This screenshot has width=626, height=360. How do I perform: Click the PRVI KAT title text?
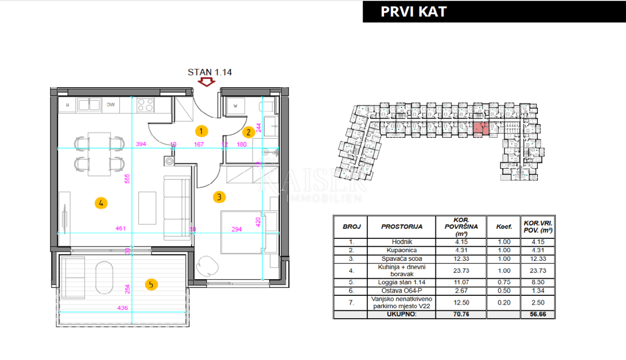pos(414,11)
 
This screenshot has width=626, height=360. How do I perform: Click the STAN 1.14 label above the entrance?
pos(210,72)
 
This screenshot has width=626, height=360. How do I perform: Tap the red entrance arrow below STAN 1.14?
pos(207,82)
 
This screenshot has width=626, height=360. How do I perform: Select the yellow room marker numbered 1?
pos(201,131)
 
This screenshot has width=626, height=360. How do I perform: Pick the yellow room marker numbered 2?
pos(249,132)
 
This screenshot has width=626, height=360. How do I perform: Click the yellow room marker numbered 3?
pos(219,197)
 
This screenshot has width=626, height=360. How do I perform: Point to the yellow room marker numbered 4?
pos(101,203)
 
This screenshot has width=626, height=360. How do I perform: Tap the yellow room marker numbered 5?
pos(150,284)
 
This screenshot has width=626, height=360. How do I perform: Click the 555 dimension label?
pos(127,178)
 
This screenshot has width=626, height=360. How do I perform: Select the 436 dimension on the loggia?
pos(123,308)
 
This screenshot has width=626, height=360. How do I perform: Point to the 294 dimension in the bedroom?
pos(237,229)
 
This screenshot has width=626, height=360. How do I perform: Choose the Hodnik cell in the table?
pos(402,242)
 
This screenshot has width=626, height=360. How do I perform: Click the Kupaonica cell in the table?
pos(402,250)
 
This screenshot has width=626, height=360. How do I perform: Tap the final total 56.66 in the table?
pos(537,315)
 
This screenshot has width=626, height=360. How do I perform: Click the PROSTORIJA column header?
pos(402,227)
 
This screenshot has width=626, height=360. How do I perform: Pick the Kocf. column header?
pos(503,227)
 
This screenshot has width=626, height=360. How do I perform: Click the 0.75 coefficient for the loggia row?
pos(503,283)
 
